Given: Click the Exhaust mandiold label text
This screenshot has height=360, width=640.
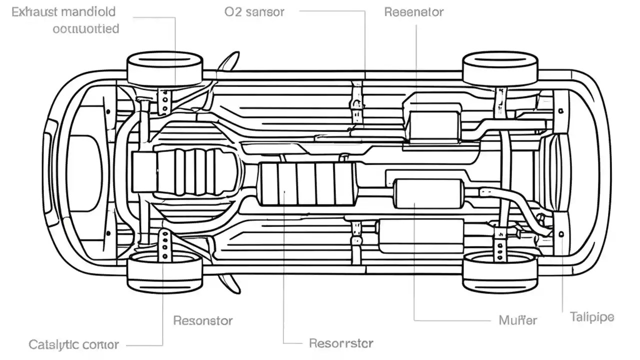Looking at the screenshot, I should click(x=63, y=12).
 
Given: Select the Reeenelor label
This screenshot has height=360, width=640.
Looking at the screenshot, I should click(x=413, y=12).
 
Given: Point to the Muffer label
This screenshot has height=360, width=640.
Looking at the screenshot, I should click(x=518, y=320).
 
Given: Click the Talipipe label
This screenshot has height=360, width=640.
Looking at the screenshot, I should click(x=592, y=317).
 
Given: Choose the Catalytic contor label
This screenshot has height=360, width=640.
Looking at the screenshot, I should click(x=73, y=344).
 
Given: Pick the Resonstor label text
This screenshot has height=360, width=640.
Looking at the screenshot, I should click(x=202, y=320).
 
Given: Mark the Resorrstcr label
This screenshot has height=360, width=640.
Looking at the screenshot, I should click(x=341, y=343).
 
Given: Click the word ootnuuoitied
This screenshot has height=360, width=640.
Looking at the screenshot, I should click(x=85, y=28).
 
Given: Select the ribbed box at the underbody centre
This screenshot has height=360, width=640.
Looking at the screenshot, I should click(x=308, y=183).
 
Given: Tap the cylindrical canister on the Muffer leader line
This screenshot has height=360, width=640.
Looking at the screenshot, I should click(x=428, y=193).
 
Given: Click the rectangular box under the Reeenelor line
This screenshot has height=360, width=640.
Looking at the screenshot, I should click(x=433, y=123).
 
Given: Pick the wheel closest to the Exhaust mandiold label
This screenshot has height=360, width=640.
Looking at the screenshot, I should click(x=165, y=69).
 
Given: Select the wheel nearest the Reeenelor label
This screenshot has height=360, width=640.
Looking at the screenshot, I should click(x=500, y=69).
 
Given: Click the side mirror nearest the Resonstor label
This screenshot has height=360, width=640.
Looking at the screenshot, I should click(x=229, y=283).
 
